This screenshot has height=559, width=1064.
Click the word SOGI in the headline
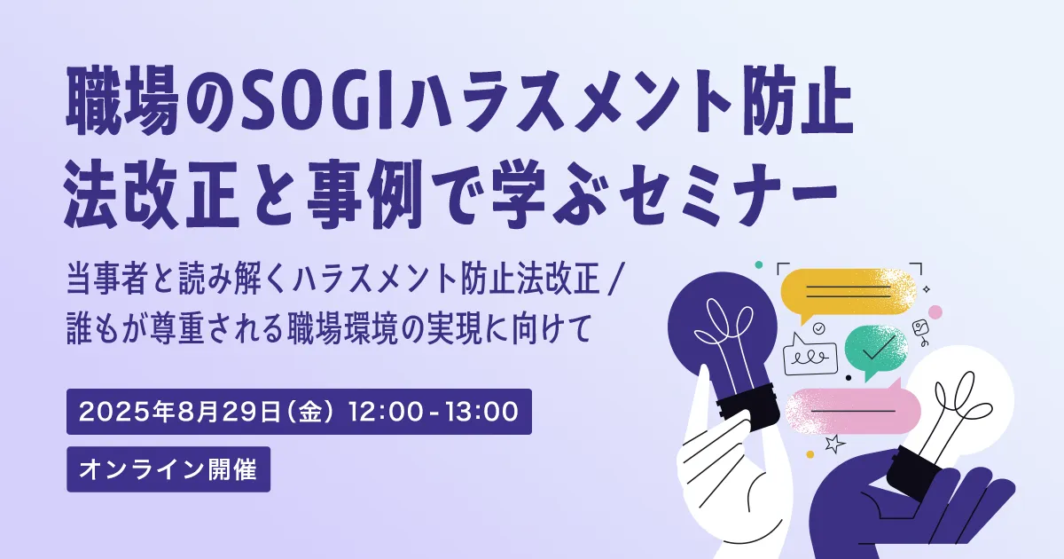317,101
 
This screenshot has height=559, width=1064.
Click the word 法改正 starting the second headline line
151,194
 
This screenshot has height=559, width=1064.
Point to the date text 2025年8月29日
180,412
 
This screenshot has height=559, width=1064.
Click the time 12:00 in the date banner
386,412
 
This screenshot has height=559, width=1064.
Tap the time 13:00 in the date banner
482,412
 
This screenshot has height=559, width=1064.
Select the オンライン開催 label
168,469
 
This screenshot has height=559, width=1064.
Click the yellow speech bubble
848,291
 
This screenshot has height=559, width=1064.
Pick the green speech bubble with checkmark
875,350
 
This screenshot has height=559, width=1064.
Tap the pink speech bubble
853,410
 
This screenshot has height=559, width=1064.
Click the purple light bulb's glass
722,328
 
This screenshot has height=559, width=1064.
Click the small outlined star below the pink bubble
834,444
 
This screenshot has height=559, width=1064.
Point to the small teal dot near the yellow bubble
759,264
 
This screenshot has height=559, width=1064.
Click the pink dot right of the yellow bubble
935,312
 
